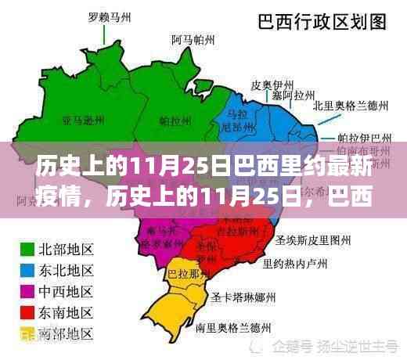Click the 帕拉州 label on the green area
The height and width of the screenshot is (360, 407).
pos(174,121)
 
